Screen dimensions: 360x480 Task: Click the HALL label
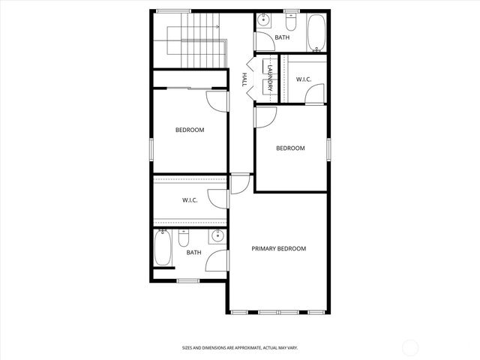244,80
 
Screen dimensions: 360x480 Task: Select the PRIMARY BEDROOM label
279,249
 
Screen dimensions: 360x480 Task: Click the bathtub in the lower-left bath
163,249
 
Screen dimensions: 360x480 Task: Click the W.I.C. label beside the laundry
304,79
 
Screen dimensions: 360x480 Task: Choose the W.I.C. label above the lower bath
190,200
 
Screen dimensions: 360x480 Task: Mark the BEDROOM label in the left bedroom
190,130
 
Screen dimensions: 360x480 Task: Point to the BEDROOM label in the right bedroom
290,148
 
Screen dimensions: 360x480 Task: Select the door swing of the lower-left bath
217,260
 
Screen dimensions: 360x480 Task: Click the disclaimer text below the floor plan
240,347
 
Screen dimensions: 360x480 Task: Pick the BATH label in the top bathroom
282,37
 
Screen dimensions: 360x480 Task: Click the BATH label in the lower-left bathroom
193,252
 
